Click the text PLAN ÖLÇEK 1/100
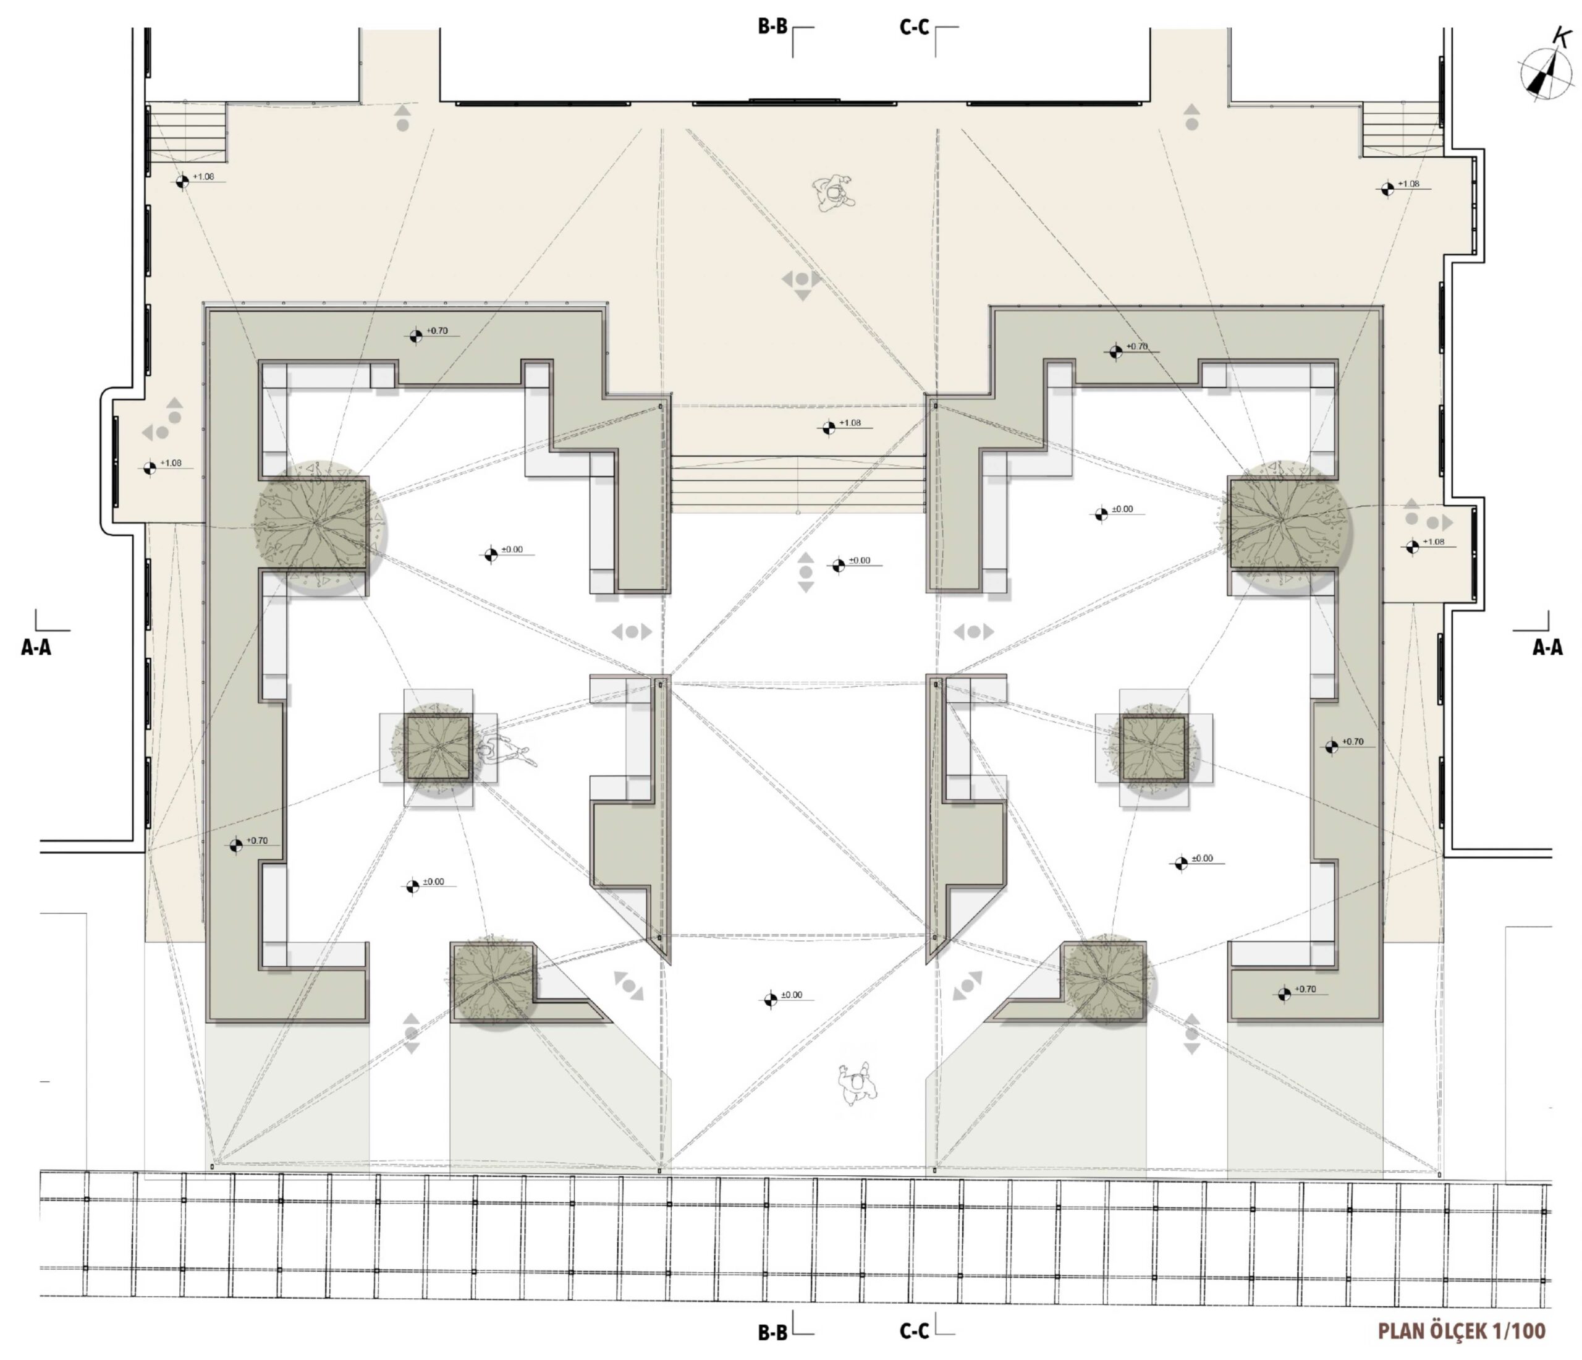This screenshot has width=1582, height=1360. tap(1461, 1331)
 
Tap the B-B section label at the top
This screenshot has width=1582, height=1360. tap(772, 27)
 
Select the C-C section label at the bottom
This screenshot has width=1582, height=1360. tap(914, 1331)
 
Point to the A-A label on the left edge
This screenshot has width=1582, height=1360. tap(36, 648)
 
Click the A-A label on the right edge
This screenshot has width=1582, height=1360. tap(1547, 648)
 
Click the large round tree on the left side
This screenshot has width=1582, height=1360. tap(319, 525)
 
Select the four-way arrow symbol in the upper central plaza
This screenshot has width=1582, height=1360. tap(802, 281)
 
